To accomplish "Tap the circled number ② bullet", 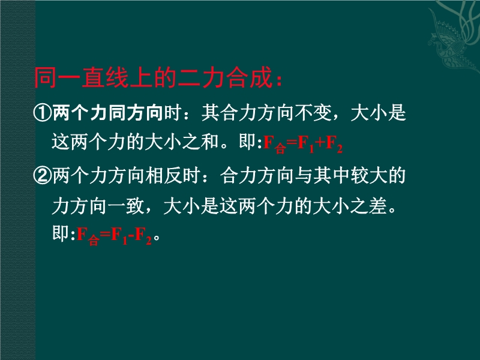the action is (43, 176).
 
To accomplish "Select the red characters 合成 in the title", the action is (250, 78).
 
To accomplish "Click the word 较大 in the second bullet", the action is (368, 176).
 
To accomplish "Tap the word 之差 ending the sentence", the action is (368, 206).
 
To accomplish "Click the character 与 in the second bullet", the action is (304, 176).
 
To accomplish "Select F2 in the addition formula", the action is (334, 144).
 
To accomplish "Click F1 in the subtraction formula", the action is (119, 236).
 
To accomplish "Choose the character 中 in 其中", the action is (341, 176).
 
